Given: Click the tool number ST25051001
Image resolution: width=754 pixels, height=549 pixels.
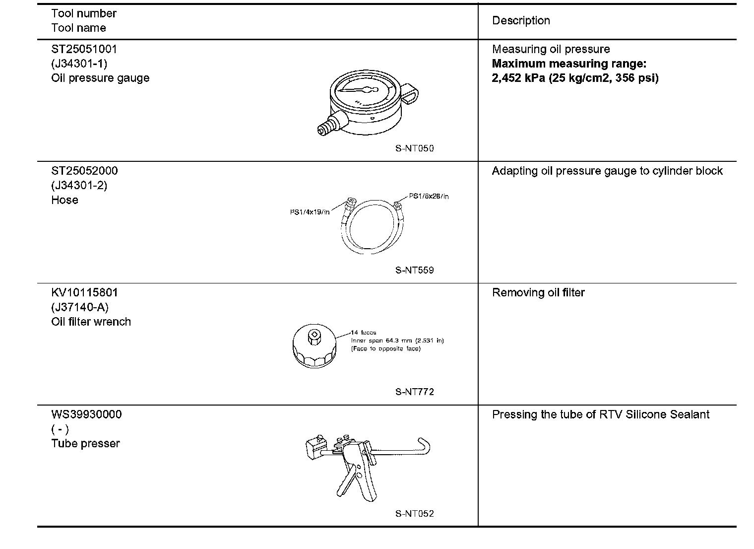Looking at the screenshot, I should tap(84, 49).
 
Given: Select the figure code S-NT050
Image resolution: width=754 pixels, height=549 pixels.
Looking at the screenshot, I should tap(415, 148).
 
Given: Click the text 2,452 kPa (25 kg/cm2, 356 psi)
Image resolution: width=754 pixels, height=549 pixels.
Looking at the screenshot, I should tap(575, 78).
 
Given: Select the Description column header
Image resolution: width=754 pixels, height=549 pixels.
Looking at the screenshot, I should tap(521, 20).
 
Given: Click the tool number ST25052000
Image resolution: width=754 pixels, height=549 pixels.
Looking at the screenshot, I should tap(84, 171).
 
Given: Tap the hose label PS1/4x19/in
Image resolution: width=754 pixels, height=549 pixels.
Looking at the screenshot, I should tap(310, 212).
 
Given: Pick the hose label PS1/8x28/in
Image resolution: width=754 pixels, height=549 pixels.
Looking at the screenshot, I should tap(429, 196).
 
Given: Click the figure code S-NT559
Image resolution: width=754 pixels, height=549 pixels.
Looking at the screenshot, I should tap(415, 270).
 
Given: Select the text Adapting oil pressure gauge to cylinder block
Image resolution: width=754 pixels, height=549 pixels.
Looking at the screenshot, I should tap(607, 171).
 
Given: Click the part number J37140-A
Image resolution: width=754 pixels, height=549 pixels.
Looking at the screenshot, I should tap(80, 307).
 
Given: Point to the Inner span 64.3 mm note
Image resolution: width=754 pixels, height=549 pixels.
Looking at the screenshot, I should tap(397, 341).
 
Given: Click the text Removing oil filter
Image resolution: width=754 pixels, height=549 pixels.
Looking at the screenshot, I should tap(538, 293).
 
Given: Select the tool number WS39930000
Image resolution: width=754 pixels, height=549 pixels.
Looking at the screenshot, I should tap(86, 414).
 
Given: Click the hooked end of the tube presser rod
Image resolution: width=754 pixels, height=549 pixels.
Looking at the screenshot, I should tap(425, 444).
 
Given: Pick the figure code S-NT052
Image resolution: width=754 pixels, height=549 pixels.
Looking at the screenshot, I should tap(415, 514).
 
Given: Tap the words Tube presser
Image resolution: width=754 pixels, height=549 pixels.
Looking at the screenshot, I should tap(85, 443).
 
